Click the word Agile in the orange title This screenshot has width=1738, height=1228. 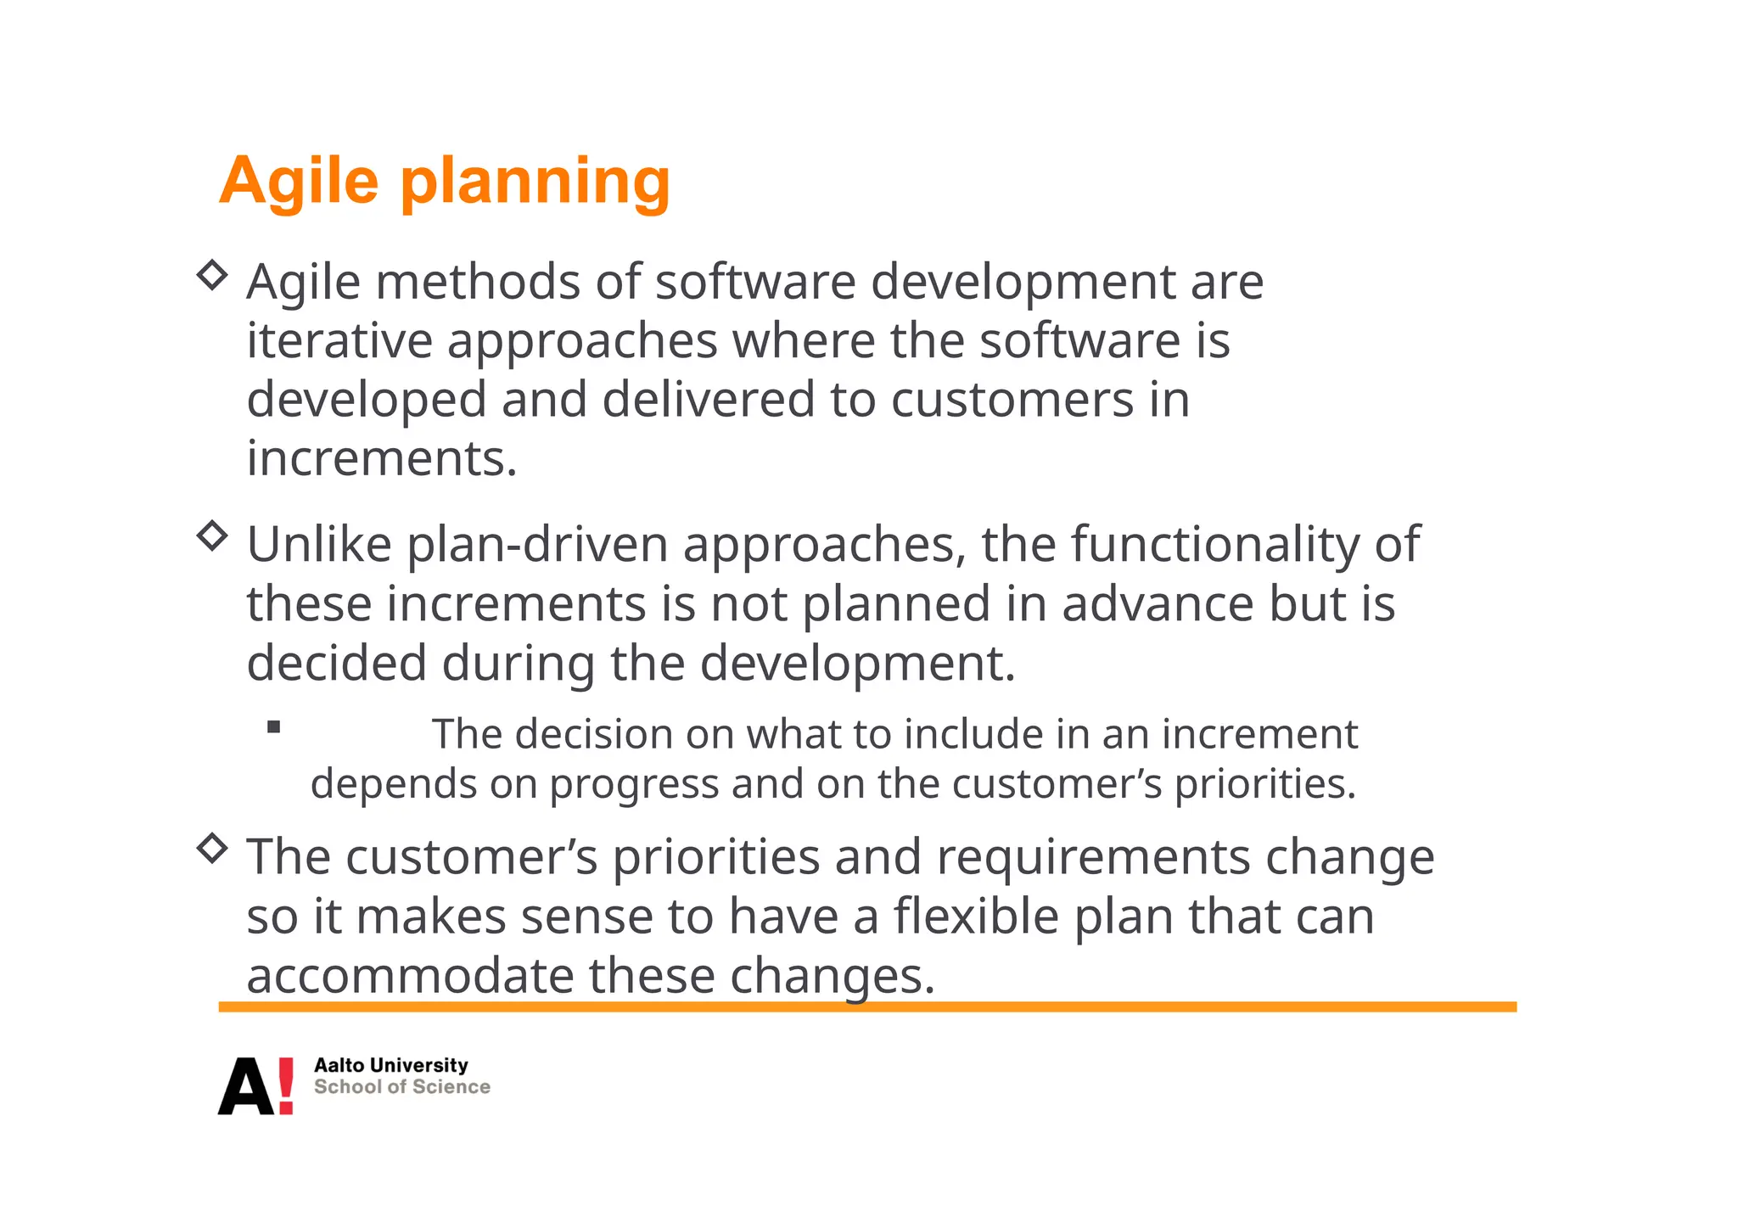[x=299, y=181]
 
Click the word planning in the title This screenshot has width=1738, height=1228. [x=535, y=181]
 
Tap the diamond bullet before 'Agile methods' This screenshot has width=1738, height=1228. [x=212, y=275]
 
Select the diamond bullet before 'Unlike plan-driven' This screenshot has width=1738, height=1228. [x=212, y=536]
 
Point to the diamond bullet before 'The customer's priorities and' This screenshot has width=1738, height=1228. [x=212, y=848]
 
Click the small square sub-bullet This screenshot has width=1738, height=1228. [x=273, y=726]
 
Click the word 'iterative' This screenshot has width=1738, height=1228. [x=339, y=341]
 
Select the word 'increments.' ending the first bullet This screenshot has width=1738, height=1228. [x=382, y=459]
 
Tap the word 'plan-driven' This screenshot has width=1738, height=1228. [x=538, y=545]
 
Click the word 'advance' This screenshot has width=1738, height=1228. [x=1158, y=604]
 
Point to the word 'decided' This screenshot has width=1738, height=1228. [x=337, y=663]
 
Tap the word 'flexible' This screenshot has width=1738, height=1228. [x=975, y=917]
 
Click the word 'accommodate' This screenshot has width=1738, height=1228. [x=410, y=976]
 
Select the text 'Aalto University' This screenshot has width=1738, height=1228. [x=390, y=1065]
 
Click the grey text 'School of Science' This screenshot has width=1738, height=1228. [x=401, y=1087]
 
